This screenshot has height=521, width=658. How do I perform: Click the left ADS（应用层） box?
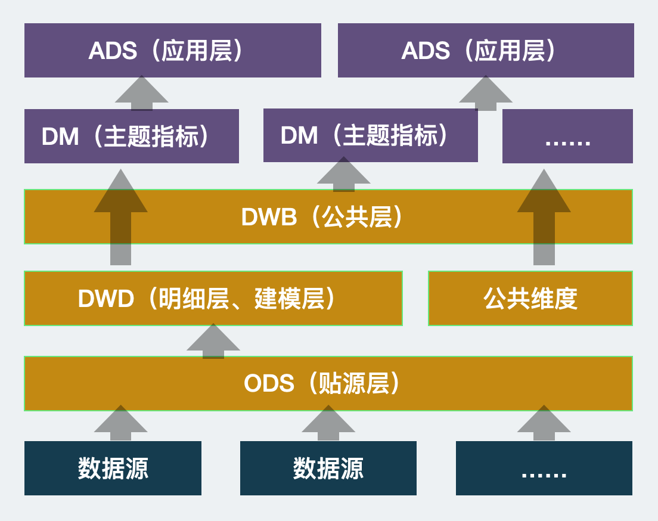tap(172, 51)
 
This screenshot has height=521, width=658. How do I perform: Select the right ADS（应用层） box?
tap(486, 51)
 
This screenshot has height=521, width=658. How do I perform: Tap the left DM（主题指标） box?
tap(131, 137)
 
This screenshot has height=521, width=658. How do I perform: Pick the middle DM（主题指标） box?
tap(370, 136)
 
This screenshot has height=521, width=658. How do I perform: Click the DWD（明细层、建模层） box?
tap(213, 298)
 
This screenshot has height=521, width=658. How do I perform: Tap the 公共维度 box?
tap(530, 298)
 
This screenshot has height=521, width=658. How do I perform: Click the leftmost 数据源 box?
tap(113, 468)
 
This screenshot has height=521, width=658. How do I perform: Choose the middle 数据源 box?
tap(328, 468)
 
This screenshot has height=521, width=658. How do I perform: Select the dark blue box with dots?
tap(544, 468)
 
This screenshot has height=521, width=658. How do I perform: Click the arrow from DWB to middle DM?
tap(343, 175)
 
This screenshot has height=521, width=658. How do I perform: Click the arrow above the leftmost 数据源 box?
tap(121, 423)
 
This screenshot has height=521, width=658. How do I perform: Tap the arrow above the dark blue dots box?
tap(544, 423)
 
